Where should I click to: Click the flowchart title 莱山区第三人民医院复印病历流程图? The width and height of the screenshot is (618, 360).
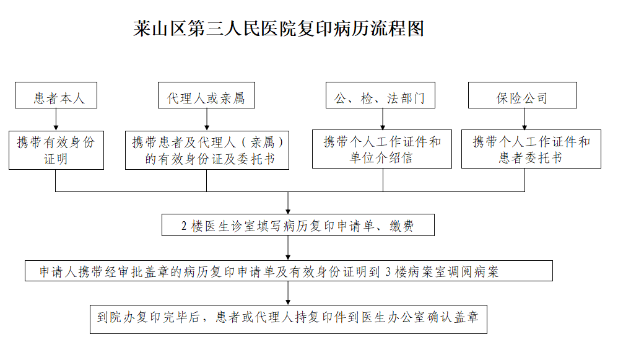tap(279, 29)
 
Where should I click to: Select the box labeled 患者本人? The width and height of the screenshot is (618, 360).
tap(56, 95)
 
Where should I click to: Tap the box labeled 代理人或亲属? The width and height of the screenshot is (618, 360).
tap(207, 95)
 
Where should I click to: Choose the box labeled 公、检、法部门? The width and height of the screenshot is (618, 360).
tap(380, 95)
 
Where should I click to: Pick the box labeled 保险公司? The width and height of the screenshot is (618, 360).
tap(523, 95)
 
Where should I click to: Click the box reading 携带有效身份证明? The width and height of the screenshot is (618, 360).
tap(56, 150)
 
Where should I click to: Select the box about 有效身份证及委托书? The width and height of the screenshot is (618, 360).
tap(207, 150)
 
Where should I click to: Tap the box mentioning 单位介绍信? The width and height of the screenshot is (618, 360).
tap(382, 149)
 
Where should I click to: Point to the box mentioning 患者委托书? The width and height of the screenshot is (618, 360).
tap(531, 149)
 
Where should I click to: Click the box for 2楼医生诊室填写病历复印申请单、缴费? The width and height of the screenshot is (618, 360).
tap(298, 225)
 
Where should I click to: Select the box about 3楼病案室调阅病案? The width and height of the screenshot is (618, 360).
tap(289, 271)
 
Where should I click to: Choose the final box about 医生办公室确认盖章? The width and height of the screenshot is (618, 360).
tap(289, 319)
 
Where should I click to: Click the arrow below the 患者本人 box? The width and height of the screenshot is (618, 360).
tap(56, 120)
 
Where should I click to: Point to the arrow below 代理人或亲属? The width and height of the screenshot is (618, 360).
tap(207, 120)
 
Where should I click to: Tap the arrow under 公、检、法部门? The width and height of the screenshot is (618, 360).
tap(383, 119)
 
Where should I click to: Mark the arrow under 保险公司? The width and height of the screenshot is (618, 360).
tap(524, 119)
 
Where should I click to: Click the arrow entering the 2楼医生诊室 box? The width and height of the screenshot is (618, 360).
tap(288, 203)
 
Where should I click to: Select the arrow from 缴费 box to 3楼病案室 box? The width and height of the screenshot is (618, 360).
tap(288, 248)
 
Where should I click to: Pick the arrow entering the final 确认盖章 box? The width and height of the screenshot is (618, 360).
tap(288, 293)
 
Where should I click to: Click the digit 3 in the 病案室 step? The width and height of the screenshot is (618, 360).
tap(388, 271)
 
